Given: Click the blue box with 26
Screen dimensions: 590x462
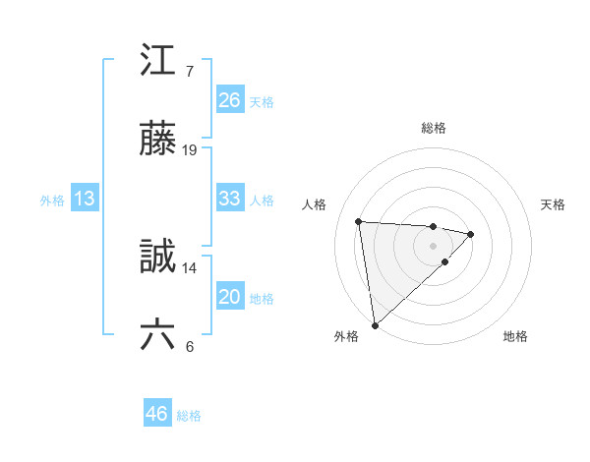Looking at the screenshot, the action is click(x=230, y=100).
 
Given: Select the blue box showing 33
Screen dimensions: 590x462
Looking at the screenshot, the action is click(x=230, y=199).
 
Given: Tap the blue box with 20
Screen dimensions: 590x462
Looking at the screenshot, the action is click(x=230, y=298).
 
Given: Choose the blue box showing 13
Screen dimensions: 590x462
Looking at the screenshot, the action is click(x=85, y=200).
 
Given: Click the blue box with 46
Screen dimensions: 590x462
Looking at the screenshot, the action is click(x=157, y=414).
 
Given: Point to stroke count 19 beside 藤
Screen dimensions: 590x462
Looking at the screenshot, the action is click(x=191, y=150).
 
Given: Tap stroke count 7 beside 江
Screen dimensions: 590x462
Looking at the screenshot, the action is click(x=189, y=71).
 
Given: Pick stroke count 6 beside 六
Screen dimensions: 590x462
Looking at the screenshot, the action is click(x=189, y=348).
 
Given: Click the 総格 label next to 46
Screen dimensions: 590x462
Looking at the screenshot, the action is click(x=189, y=416).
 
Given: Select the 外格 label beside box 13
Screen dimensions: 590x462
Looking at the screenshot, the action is click(x=52, y=201).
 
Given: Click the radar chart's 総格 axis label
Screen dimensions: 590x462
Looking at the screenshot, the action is click(x=434, y=128).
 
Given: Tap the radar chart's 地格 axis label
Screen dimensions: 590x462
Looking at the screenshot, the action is click(x=515, y=336).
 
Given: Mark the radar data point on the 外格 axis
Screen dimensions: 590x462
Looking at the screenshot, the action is click(x=374, y=324).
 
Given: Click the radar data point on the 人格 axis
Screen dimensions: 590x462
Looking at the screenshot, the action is click(x=359, y=220).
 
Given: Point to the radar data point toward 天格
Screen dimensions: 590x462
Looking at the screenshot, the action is click(x=471, y=234).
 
